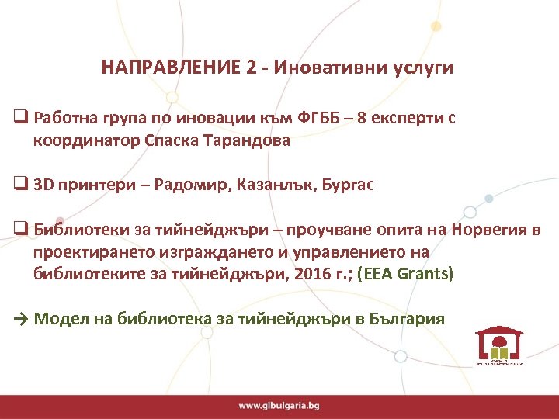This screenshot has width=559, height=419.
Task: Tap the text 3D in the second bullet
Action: click(x=44, y=185)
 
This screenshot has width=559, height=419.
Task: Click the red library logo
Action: click(x=498, y=343)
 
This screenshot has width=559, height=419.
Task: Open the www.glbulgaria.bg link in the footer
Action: click(x=279, y=405)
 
